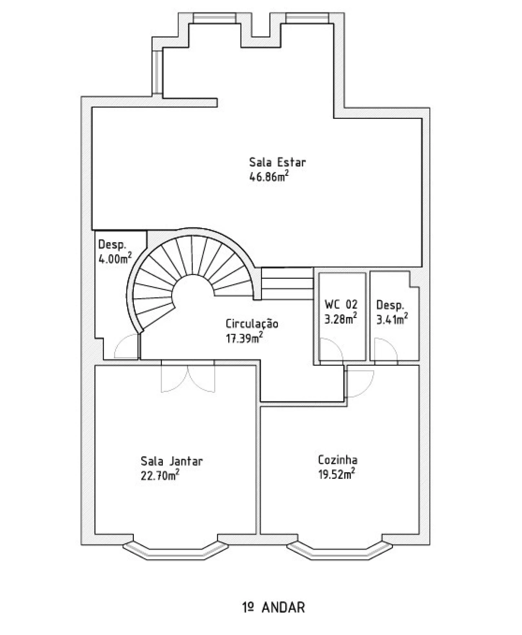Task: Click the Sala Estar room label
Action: click(277, 162)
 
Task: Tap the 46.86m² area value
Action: click(269, 176)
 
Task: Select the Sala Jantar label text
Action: click(171, 461)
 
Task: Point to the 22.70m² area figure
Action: click(160, 475)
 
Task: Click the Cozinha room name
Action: click(338, 460)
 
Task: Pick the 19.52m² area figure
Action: click(336, 474)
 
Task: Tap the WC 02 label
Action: click(341, 304)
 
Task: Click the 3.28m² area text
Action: click(341, 318)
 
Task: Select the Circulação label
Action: click(252, 324)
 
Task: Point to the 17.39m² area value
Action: click(244, 338)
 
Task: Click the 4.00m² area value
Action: click(115, 258)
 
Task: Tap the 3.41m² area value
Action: click(392, 319)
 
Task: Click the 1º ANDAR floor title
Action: click(274, 607)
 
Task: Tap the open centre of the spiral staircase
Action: click(193, 293)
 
